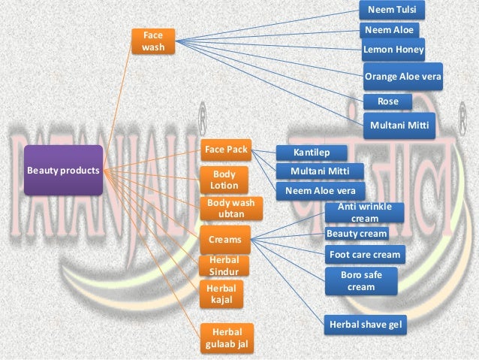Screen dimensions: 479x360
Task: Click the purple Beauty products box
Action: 63,171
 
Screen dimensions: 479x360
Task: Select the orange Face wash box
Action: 153,41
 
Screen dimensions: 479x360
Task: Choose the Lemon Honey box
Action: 393,50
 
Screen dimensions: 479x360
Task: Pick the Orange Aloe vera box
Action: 402,77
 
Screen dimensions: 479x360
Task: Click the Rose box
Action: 387,101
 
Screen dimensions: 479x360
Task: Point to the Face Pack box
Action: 226,150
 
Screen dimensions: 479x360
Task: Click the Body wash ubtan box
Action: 230,208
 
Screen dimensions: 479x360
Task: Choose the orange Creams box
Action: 225,240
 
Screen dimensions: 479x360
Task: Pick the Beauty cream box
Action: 357,234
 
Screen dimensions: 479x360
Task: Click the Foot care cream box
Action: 366,255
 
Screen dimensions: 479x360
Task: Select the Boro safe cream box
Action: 362,282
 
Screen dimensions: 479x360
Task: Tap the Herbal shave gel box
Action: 365,325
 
